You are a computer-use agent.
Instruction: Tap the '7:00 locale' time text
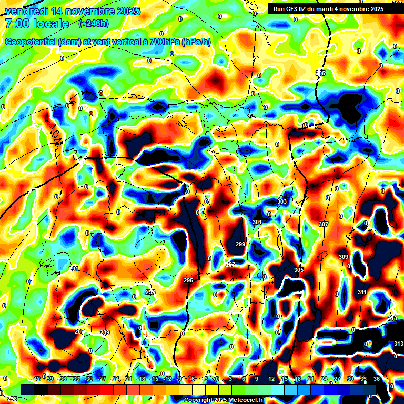[x=37, y=24]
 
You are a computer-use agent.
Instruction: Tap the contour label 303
[x=282, y=201]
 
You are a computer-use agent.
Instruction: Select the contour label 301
[x=257, y=223]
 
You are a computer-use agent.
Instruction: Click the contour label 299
[x=240, y=244]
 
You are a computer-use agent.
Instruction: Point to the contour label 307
[x=323, y=224]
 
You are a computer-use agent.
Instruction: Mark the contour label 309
[x=343, y=257]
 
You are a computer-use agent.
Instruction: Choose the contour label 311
[x=362, y=292]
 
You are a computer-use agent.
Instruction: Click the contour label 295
[x=188, y=281]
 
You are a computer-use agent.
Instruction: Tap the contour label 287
[x=79, y=332]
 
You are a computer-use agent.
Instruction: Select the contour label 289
[x=105, y=332]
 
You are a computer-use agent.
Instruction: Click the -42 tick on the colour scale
[x=36, y=379]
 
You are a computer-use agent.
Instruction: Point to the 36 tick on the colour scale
[x=377, y=379]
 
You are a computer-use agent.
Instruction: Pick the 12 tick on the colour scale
[x=271, y=379]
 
